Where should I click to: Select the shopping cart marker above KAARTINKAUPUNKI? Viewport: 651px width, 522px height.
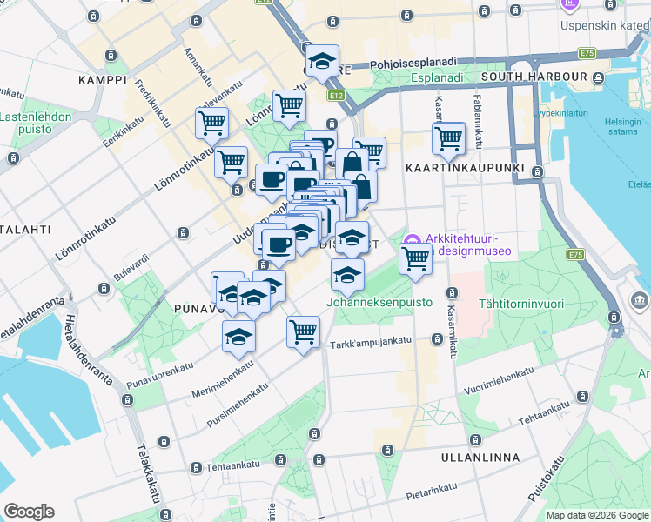448,137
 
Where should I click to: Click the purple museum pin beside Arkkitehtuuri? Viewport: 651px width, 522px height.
413,239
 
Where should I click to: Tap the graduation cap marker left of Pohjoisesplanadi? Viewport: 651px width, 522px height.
323,61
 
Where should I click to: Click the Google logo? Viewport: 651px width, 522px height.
29,512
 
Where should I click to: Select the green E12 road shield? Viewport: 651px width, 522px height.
336,94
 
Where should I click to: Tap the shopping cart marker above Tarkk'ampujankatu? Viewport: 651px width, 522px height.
303,331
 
